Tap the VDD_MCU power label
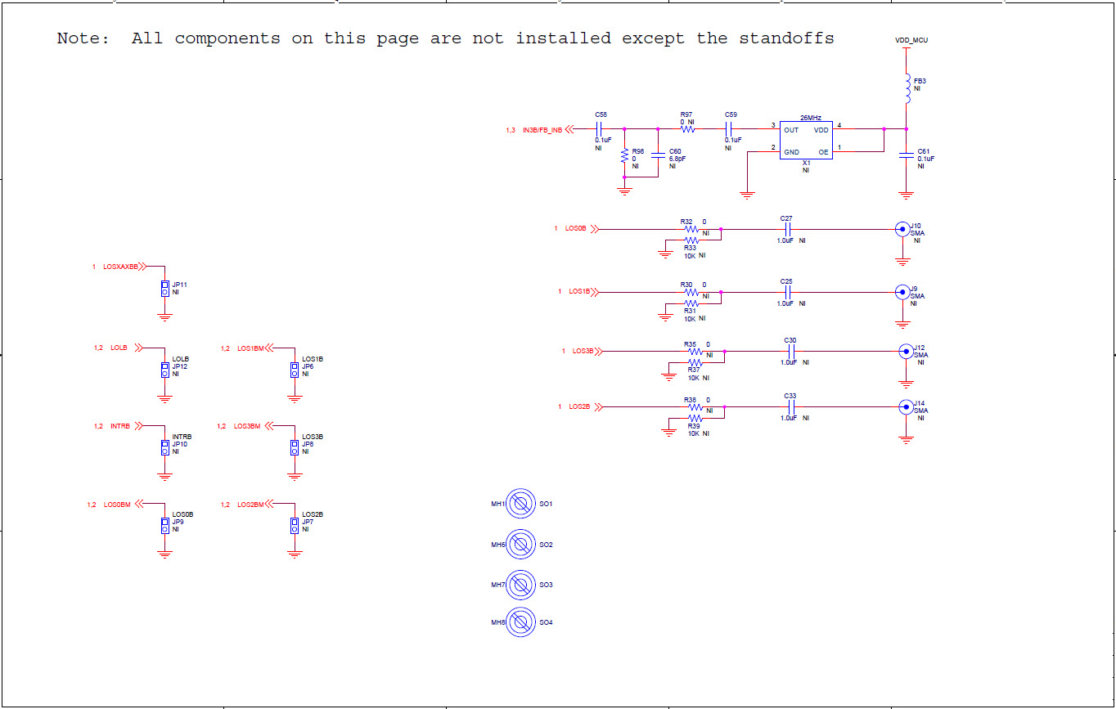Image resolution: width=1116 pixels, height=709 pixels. (x=911, y=40)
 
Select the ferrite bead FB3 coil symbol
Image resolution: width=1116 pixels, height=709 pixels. (x=907, y=88)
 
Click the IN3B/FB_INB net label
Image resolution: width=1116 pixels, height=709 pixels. (x=542, y=130)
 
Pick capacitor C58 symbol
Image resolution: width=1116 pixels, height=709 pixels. (x=601, y=129)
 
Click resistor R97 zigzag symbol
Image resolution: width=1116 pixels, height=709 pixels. (x=687, y=129)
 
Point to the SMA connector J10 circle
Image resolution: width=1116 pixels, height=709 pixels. (x=902, y=229)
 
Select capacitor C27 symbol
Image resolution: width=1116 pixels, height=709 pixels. (x=787, y=229)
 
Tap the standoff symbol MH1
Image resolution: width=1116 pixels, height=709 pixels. (x=521, y=504)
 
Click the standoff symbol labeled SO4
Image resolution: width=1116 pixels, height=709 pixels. (x=521, y=622)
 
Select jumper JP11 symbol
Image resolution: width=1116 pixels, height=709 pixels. (x=164, y=288)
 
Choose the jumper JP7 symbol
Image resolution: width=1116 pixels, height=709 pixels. (x=295, y=525)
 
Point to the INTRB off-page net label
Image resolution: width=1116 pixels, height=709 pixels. (x=120, y=426)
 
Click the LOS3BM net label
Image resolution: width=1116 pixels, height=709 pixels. (x=247, y=426)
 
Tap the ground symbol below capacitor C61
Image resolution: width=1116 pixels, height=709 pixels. (x=906, y=195)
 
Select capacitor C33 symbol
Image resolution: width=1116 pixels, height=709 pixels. (x=790, y=406)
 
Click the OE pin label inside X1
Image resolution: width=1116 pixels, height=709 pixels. (x=823, y=152)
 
